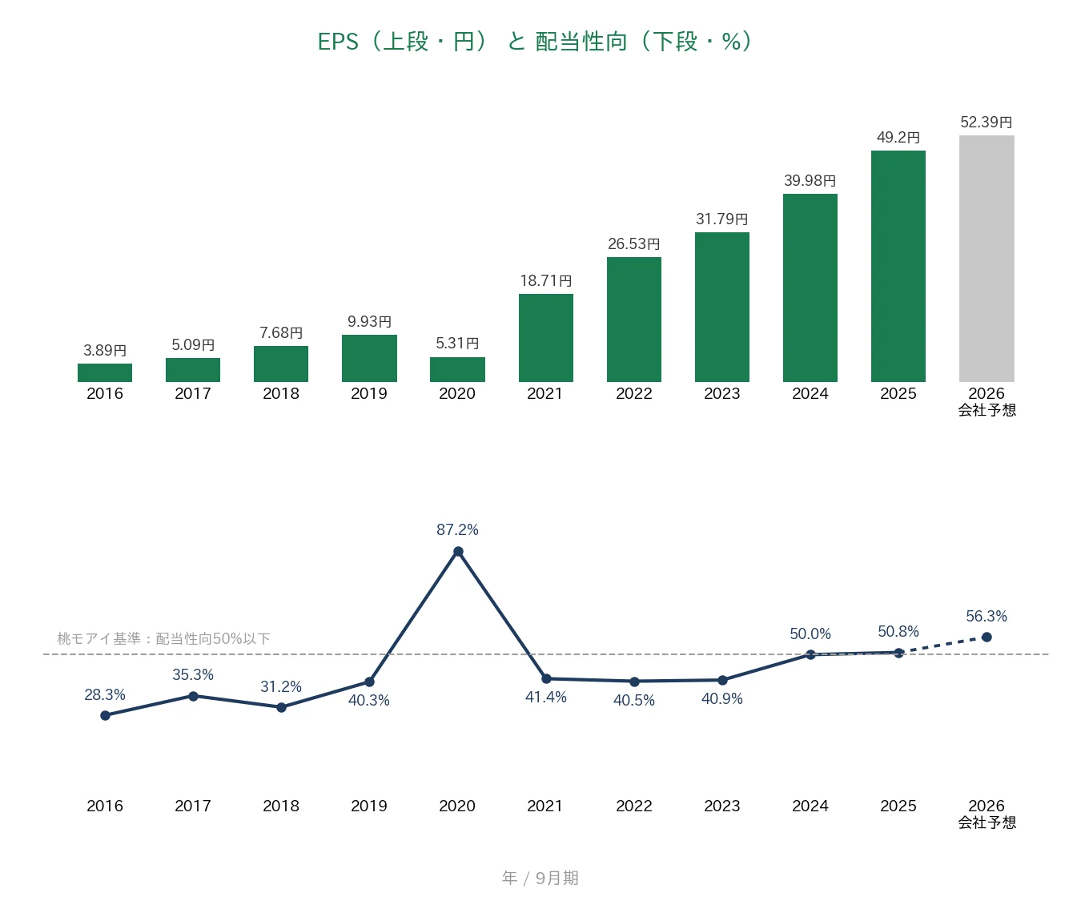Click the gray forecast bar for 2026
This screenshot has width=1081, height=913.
(x=987, y=259)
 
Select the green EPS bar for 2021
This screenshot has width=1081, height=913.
(x=545, y=338)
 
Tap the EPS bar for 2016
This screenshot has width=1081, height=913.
(x=105, y=373)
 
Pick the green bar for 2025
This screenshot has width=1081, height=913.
(x=898, y=266)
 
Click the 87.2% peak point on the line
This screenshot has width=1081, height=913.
(x=458, y=552)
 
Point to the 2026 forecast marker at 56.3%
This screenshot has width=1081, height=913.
(x=987, y=637)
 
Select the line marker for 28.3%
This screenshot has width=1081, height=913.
(x=105, y=715)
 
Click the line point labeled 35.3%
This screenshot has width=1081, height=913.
(x=193, y=696)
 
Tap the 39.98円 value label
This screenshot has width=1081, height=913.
(x=810, y=181)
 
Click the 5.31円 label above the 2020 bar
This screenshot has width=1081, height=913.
(x=457, y=344)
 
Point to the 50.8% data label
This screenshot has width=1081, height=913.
(x=898, y=631)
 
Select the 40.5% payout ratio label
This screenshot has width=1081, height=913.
(x=633, y=700)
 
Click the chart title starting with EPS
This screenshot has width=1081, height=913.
(x=536, y=42)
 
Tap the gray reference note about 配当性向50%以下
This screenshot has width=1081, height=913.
(x=163, y=638)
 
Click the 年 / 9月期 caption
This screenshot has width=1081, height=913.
(x=540, y=878)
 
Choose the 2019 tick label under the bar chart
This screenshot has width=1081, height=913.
(x=368, y=393)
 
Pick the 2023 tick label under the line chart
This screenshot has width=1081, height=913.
(x=721, y=806)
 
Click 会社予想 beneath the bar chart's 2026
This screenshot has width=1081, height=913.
(x=987, y=410)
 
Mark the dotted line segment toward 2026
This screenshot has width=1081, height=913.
(x=942, y=645)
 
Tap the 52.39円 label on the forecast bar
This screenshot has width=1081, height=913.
(x=987, y=123)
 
